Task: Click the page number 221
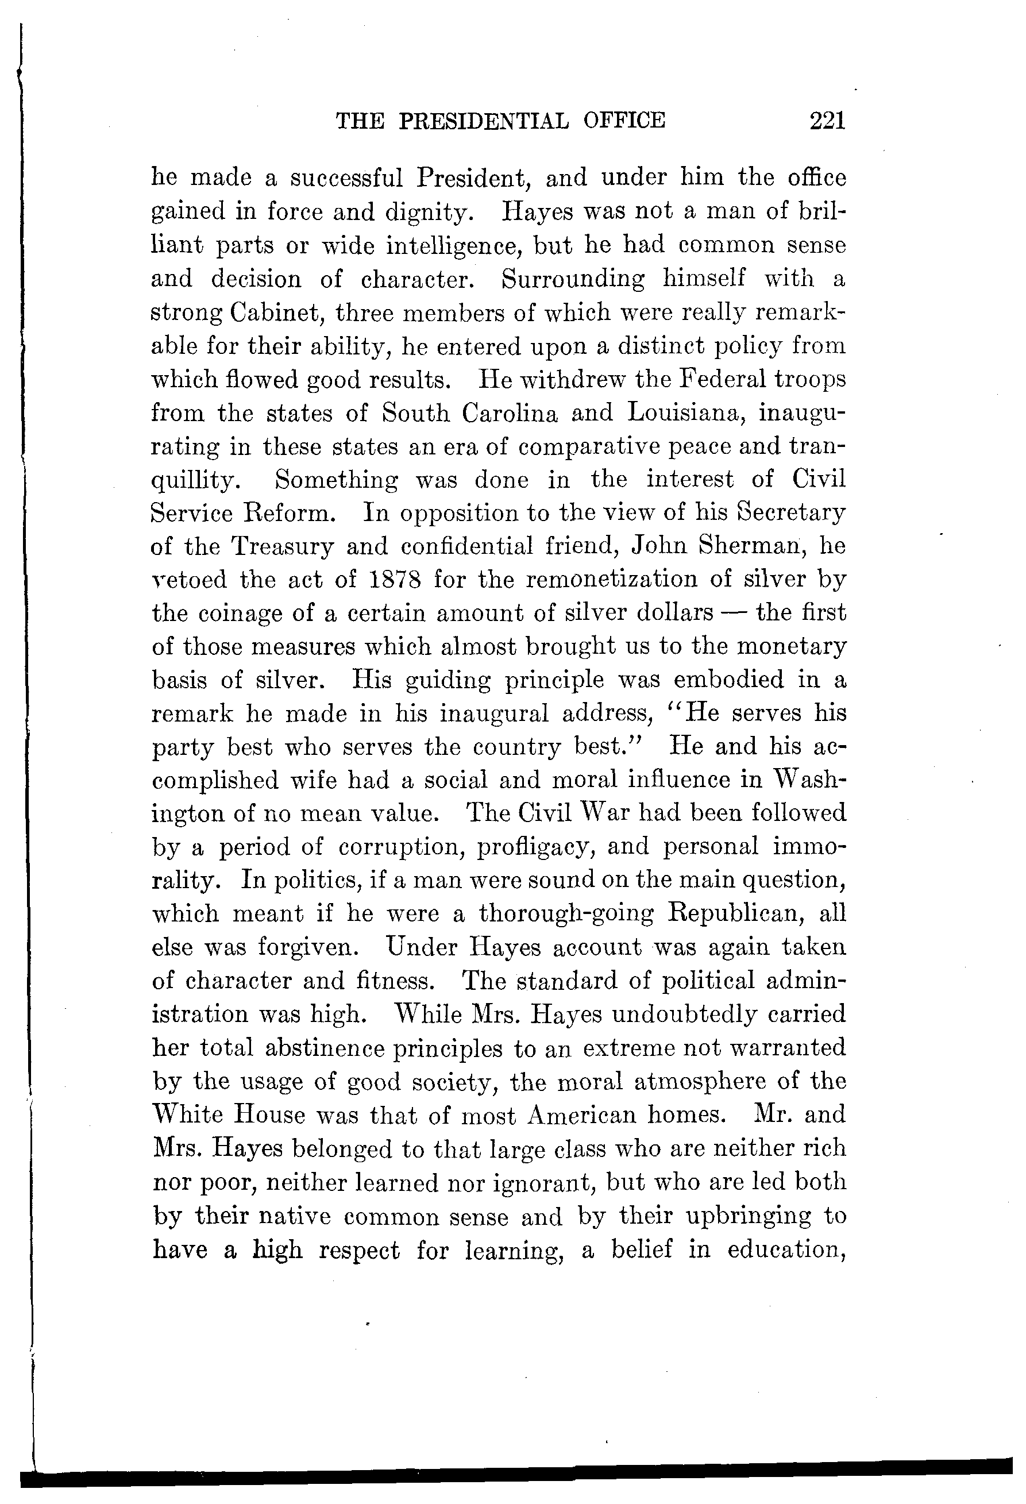[x=827, y=121]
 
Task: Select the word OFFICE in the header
[x=624, y=121]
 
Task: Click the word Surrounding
[x=573, y=279]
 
